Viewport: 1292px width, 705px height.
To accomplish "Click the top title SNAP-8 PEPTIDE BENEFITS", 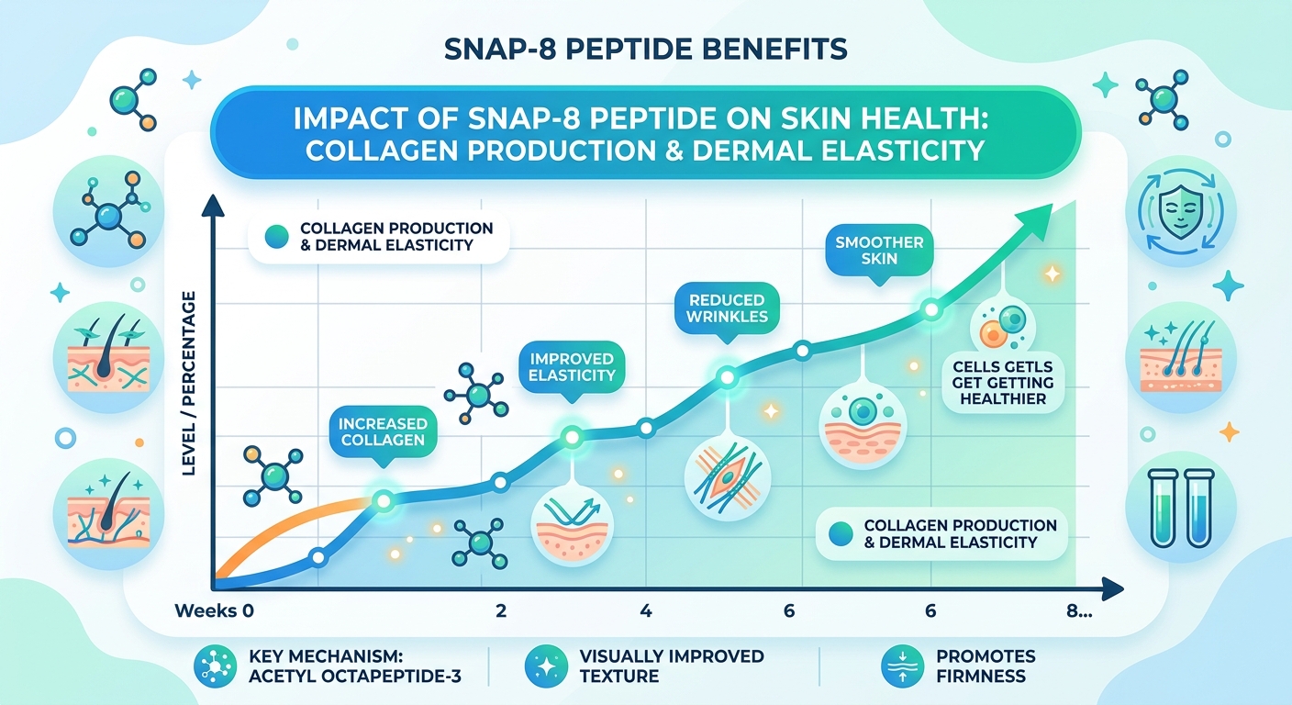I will [x=645, y=49].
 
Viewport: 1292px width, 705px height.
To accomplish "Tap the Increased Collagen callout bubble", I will [x=383, y=432].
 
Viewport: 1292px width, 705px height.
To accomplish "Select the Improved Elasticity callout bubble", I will [x=573, y=365].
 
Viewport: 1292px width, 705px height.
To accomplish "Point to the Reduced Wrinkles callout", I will [x=726, y=308].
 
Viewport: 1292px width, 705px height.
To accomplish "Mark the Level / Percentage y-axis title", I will [x=191, y=383].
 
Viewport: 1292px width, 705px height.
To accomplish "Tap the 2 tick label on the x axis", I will [x=501, y=611].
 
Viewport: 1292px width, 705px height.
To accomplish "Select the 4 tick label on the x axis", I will [x=645, y=611].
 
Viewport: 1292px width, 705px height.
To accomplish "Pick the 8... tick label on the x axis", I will [x=1081, y=611].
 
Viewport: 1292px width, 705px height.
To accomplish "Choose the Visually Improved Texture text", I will [x=671, y=667].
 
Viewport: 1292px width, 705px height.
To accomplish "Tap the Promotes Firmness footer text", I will [x=986, y=667].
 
